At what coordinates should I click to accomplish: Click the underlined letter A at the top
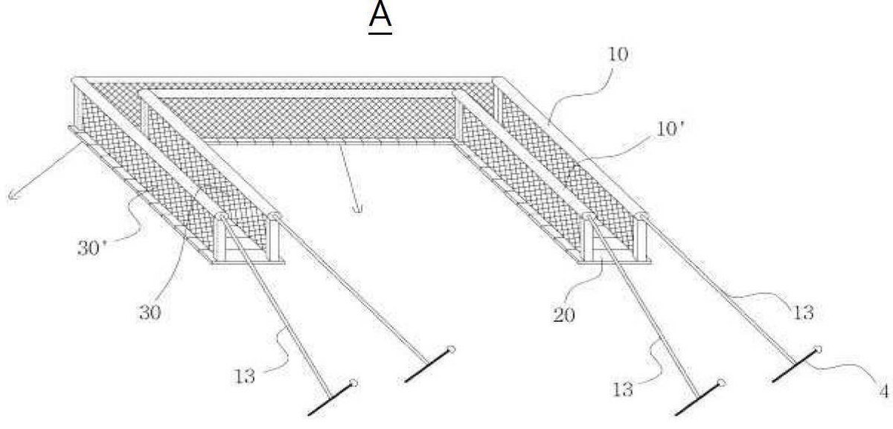(380, 16)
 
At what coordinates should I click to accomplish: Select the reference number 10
(618, 54)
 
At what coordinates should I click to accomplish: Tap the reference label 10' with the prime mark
(670, 129)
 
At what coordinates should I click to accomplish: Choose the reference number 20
(564, 315)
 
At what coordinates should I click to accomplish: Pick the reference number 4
(884, 392)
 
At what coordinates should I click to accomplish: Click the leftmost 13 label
(244, 376)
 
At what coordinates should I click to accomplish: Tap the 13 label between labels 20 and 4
(623, 390)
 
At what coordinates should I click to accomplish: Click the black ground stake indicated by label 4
(796, 365)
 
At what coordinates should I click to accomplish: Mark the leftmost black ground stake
(332, 399)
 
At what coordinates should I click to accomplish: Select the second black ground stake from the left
(430, 365)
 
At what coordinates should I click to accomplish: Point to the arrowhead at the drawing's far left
(12, 196)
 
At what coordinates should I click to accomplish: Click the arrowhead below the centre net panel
(358, 208)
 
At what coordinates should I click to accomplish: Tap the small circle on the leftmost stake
(353, 383)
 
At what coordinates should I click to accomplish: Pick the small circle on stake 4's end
(818, 349)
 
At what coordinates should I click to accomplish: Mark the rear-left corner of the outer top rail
(74, 80)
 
